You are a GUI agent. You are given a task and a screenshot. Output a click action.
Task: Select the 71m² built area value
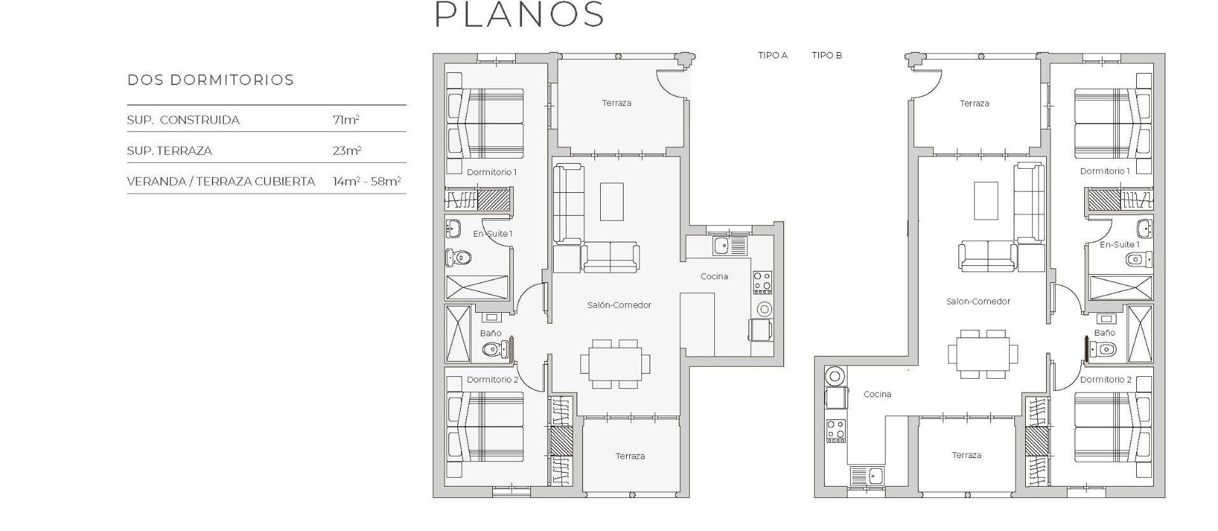(x=346, y=120)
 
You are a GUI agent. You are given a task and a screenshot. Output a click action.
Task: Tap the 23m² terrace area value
(x=346, y=150)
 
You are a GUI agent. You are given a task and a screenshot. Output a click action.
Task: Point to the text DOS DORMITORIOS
(x=211, y=80)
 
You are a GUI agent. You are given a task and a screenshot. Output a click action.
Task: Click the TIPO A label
(x=773, y=55)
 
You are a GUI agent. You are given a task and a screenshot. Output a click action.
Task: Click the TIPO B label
(x=827, y=55)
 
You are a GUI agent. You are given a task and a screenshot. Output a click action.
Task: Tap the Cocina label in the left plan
(x=714, y=277)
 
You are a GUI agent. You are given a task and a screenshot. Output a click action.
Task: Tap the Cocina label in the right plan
(x=877, y=394)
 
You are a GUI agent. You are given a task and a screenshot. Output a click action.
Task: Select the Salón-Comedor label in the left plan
(x=619, y=305)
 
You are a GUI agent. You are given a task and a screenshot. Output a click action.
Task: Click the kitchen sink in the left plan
(x=721, y=245)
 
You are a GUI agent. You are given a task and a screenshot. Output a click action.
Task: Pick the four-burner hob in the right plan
(x=835, y=431)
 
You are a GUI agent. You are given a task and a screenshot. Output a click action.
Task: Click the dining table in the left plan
(x=615, y=364)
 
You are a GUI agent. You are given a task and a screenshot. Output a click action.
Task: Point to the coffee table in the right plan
(x=986, y=200)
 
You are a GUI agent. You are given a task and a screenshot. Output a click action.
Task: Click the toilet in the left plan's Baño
(x=492, y=349)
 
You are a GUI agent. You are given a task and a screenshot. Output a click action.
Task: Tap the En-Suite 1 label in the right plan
(x=1119, y=244)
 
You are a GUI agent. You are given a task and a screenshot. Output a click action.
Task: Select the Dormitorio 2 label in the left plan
(x=492, y=379)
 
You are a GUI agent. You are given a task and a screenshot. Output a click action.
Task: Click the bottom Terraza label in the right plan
(x=966, y=455)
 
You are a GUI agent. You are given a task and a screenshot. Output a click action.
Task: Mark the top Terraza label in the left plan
(x=616, y=103)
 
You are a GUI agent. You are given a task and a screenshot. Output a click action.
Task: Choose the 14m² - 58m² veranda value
(x=366, y=181)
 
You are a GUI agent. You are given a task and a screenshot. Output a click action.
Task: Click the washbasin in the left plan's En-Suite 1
(x=453, y=228)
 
